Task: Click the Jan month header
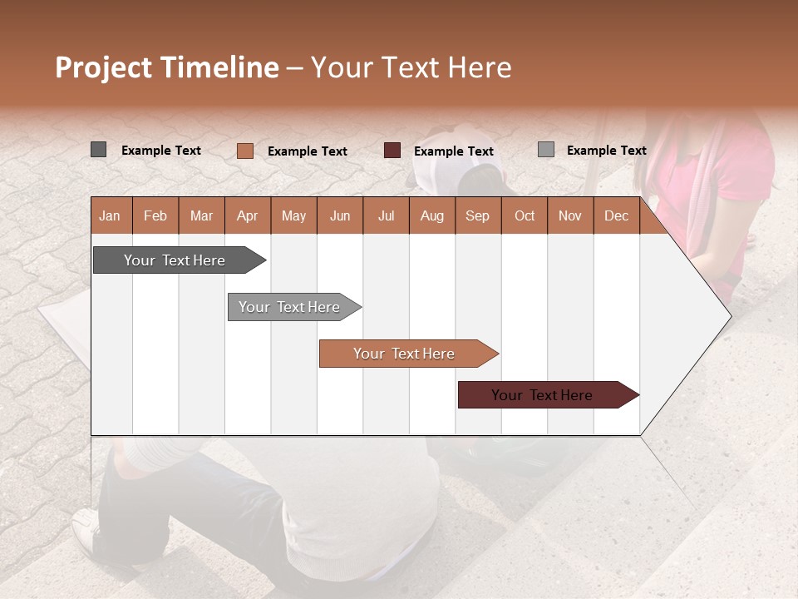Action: click(110, 215)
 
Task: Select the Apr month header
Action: click(248, 215)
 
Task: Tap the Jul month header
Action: click(387, 215)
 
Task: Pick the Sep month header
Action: click(477, 215)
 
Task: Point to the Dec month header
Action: click(616, 215)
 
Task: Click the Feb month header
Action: click(155, 215)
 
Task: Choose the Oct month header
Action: click(525, 215)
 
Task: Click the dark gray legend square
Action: click(98, 150)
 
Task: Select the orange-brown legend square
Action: click(244, 151)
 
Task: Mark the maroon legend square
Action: click(392, 151)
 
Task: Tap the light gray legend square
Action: click(545, 150)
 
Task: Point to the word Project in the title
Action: click(103, 67)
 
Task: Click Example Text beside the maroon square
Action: click(453, 151)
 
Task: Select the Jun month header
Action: click(340, 215)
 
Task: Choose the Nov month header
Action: click(570, 215)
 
